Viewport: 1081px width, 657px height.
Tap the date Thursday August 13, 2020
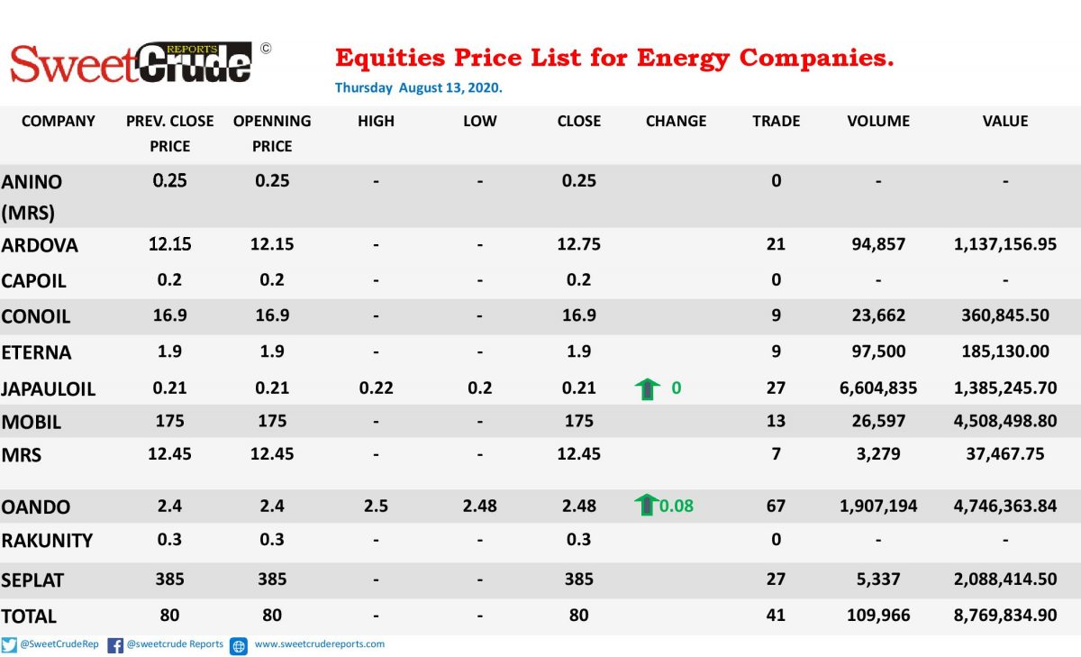click(x=418, y=87)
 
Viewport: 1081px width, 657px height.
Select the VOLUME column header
click(x=878, y=121)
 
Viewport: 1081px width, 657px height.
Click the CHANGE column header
click(x=676, y=121)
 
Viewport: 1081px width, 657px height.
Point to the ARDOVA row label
click(x=40, y=245)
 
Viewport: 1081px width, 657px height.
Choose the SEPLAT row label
click(x=32, y=579)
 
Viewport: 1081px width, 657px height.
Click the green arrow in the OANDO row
click(x=646, y=505)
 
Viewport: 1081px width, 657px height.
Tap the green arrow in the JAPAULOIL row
click(x=647, y=389)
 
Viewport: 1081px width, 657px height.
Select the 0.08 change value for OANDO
click(x=677, y=506)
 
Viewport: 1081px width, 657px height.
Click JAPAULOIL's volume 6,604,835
click(x=878, y=388)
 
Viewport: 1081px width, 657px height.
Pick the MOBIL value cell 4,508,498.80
click(x=1005, y=421)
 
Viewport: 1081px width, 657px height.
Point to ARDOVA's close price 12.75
click(x=578, y=243)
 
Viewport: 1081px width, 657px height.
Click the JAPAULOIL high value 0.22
click(x=376, y=388)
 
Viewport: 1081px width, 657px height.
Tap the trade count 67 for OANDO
click(x=776, y=506)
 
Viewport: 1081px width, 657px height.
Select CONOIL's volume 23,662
click(x=878, y=315)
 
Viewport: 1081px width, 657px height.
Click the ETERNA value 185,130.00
click(x=1005, y=351)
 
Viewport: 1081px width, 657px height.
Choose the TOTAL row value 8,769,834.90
click(x=1005, y=615)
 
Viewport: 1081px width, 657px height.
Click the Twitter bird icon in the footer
click(x=9, y=645)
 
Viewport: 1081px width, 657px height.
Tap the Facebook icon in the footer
click(x=115, y=645)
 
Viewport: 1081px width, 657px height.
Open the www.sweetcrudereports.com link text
click(x=320, y=644)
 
